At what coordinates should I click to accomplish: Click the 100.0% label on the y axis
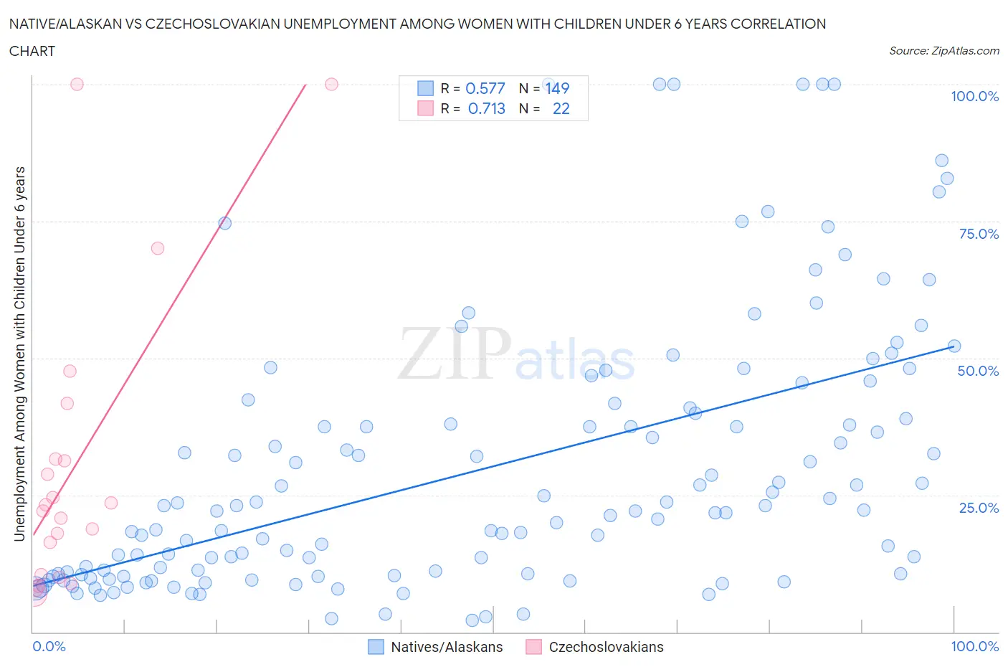point(974,97)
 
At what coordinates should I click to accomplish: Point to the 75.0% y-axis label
point(978,234)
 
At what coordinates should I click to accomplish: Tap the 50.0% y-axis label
point(978,371)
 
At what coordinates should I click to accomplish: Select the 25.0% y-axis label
point(978,508)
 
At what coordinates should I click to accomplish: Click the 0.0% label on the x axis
point(49,646)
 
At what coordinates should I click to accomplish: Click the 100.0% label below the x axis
point(974,646)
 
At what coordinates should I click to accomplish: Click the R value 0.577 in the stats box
point(485,88)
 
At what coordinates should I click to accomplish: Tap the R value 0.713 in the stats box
point(486,108)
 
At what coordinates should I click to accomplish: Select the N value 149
point(557,88)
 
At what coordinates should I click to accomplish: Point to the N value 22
point(561,108)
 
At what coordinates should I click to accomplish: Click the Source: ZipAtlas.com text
point(943,51)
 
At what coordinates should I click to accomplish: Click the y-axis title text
point(20,353)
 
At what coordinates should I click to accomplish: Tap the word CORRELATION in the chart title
point(778,24)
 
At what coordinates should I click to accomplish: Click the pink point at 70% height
point(158,248)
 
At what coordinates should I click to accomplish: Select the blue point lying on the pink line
point(224,223)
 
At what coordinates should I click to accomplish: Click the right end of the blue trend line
point(954,346)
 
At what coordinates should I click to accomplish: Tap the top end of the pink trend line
point(306,85)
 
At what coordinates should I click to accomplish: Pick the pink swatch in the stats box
point(425,108)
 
